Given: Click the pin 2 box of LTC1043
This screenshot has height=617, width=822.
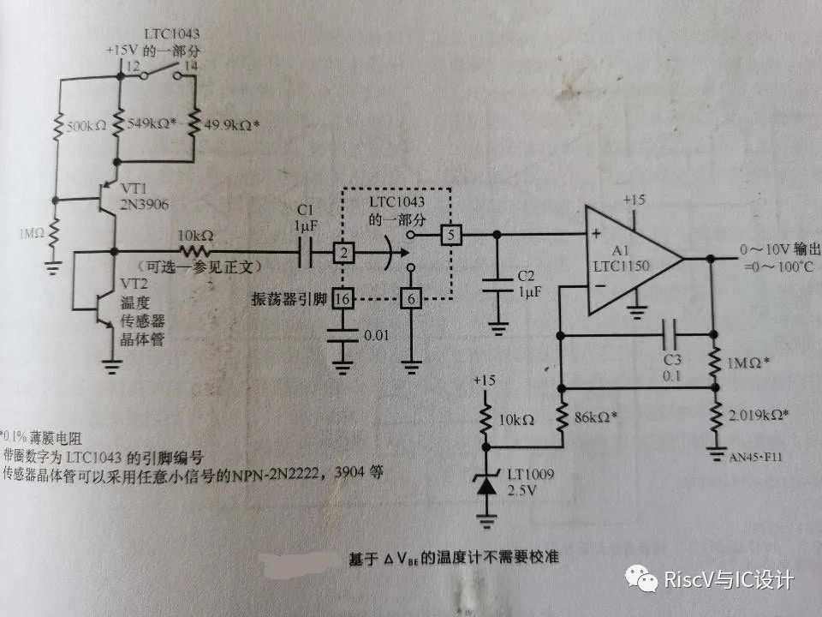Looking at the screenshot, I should pyautogui.click(x=342, y=253).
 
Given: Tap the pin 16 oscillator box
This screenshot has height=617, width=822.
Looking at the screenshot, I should pyautogui.click(x=342, y=298).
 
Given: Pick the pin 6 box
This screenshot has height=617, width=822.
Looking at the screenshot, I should pyautogui.click(x=411, y=298).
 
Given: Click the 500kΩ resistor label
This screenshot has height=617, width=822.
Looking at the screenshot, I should pyautogui.click(x=82, y=126).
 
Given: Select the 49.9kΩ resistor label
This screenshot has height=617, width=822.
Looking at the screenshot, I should pyautogui.click(x=231, y=125).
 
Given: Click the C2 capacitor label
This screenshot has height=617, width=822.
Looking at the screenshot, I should pyautogui.click(x=529, y=277).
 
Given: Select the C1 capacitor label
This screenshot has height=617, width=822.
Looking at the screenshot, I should pyautogui.click(x=305, y=213).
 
